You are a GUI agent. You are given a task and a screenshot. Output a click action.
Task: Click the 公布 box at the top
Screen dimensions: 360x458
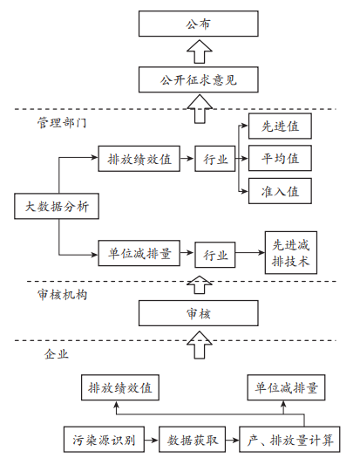point(198,24)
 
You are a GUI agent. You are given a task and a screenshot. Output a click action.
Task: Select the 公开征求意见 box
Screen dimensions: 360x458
point(198,79)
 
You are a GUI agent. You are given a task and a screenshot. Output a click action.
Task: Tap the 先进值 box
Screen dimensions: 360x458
point(280,126)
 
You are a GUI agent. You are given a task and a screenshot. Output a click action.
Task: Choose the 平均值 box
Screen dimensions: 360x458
point(280,158)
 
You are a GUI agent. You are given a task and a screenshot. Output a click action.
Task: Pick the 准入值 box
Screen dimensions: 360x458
point(280,191)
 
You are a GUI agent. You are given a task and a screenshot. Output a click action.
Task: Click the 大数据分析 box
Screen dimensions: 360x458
point(57,206)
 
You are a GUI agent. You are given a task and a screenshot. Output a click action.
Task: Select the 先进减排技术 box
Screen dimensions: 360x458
point(291,253)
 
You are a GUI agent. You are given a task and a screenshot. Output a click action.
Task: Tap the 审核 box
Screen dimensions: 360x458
point(198,313)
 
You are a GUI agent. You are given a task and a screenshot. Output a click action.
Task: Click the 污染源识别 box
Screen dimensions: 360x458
point(104,440)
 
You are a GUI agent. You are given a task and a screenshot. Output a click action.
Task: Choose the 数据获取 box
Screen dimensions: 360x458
point(192,440)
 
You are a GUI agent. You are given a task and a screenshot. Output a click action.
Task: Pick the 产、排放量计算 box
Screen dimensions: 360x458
point(289,440)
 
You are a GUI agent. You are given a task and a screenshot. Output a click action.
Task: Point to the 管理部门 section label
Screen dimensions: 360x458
point(62,123)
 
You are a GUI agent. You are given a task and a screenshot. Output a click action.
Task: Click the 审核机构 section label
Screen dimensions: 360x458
point(62,295)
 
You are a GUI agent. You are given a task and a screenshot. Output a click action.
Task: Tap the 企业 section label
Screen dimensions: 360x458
point(57,354)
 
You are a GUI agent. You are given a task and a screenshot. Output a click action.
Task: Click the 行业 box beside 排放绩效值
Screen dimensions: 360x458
point(215,159)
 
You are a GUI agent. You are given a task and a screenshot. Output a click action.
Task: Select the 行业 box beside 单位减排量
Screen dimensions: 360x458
point(215,255)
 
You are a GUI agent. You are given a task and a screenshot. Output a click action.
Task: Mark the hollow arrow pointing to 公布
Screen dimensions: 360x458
point(200,51)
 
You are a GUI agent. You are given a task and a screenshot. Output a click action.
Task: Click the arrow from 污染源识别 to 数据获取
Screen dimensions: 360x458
point(152,440)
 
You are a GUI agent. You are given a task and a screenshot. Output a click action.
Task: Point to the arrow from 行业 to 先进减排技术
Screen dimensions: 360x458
point(250,253)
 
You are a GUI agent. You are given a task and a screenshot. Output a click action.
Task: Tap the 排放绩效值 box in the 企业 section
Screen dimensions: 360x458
point(120,387)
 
